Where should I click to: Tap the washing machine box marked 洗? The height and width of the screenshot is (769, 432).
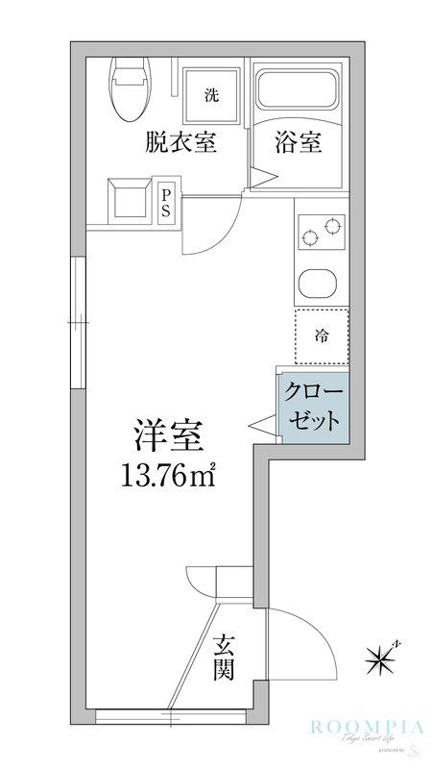(x=211, y=94)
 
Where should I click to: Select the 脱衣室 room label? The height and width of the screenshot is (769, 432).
(x=180, y=143)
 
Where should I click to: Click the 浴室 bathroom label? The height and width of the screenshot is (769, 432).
(x=297, y=143)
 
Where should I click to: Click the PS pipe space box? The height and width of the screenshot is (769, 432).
(x=165, y=203)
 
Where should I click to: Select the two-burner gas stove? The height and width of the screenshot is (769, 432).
(x=321, y=232)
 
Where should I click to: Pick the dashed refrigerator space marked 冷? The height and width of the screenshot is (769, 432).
(x=321, y=336)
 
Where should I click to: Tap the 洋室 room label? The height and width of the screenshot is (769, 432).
(x=168, y=437)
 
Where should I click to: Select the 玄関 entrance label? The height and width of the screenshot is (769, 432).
(x=224, y=657)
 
